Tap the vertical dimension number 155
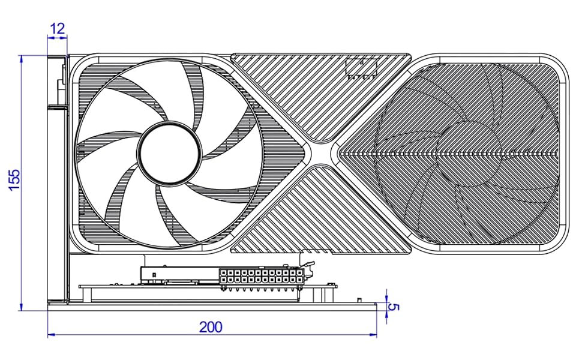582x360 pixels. pyautogui.click(x=14, y=179)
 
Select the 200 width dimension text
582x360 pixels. pyautogui.click(x=211, y=327)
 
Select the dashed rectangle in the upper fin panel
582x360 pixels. pyautogui.click(x=361, y=68)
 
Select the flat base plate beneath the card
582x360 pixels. pyautogui.click(x=210, y=307)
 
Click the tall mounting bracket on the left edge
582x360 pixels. pyautogui.click(x=58, y=180)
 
